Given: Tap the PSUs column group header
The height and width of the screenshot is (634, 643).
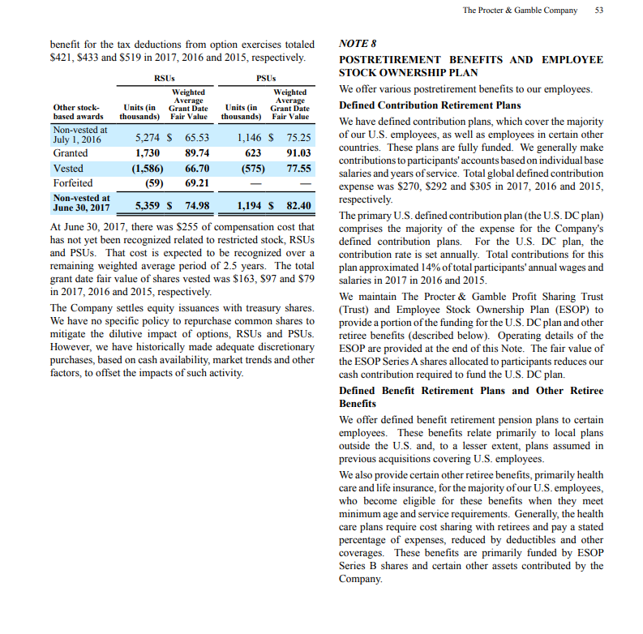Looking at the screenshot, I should click(x=266, y=78).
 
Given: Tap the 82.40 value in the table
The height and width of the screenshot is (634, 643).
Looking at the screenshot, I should click(x=298, y=205).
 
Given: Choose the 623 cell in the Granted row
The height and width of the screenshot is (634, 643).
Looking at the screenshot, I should click(x=253, y=152).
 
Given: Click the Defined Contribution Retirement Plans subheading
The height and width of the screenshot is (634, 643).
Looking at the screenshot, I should click(x=430, y=105).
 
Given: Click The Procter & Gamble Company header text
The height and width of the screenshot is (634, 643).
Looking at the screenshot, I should click(x=520, y=10).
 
